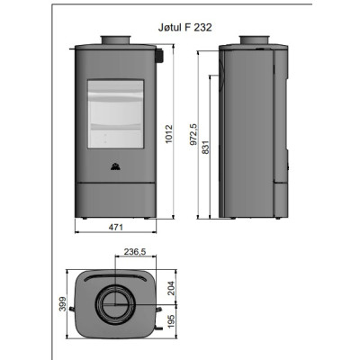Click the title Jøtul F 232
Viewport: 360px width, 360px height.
(184, 28)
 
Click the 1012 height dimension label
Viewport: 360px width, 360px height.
(169, 134)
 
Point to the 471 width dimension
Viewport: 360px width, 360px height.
(115, 227)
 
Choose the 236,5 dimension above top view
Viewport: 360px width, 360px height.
(135, 251)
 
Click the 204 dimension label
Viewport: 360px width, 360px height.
(170, 288)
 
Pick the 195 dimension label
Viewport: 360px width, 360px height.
(171, 321)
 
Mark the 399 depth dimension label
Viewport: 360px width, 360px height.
(62, 303)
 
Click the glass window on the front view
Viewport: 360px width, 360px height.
(115, 114)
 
